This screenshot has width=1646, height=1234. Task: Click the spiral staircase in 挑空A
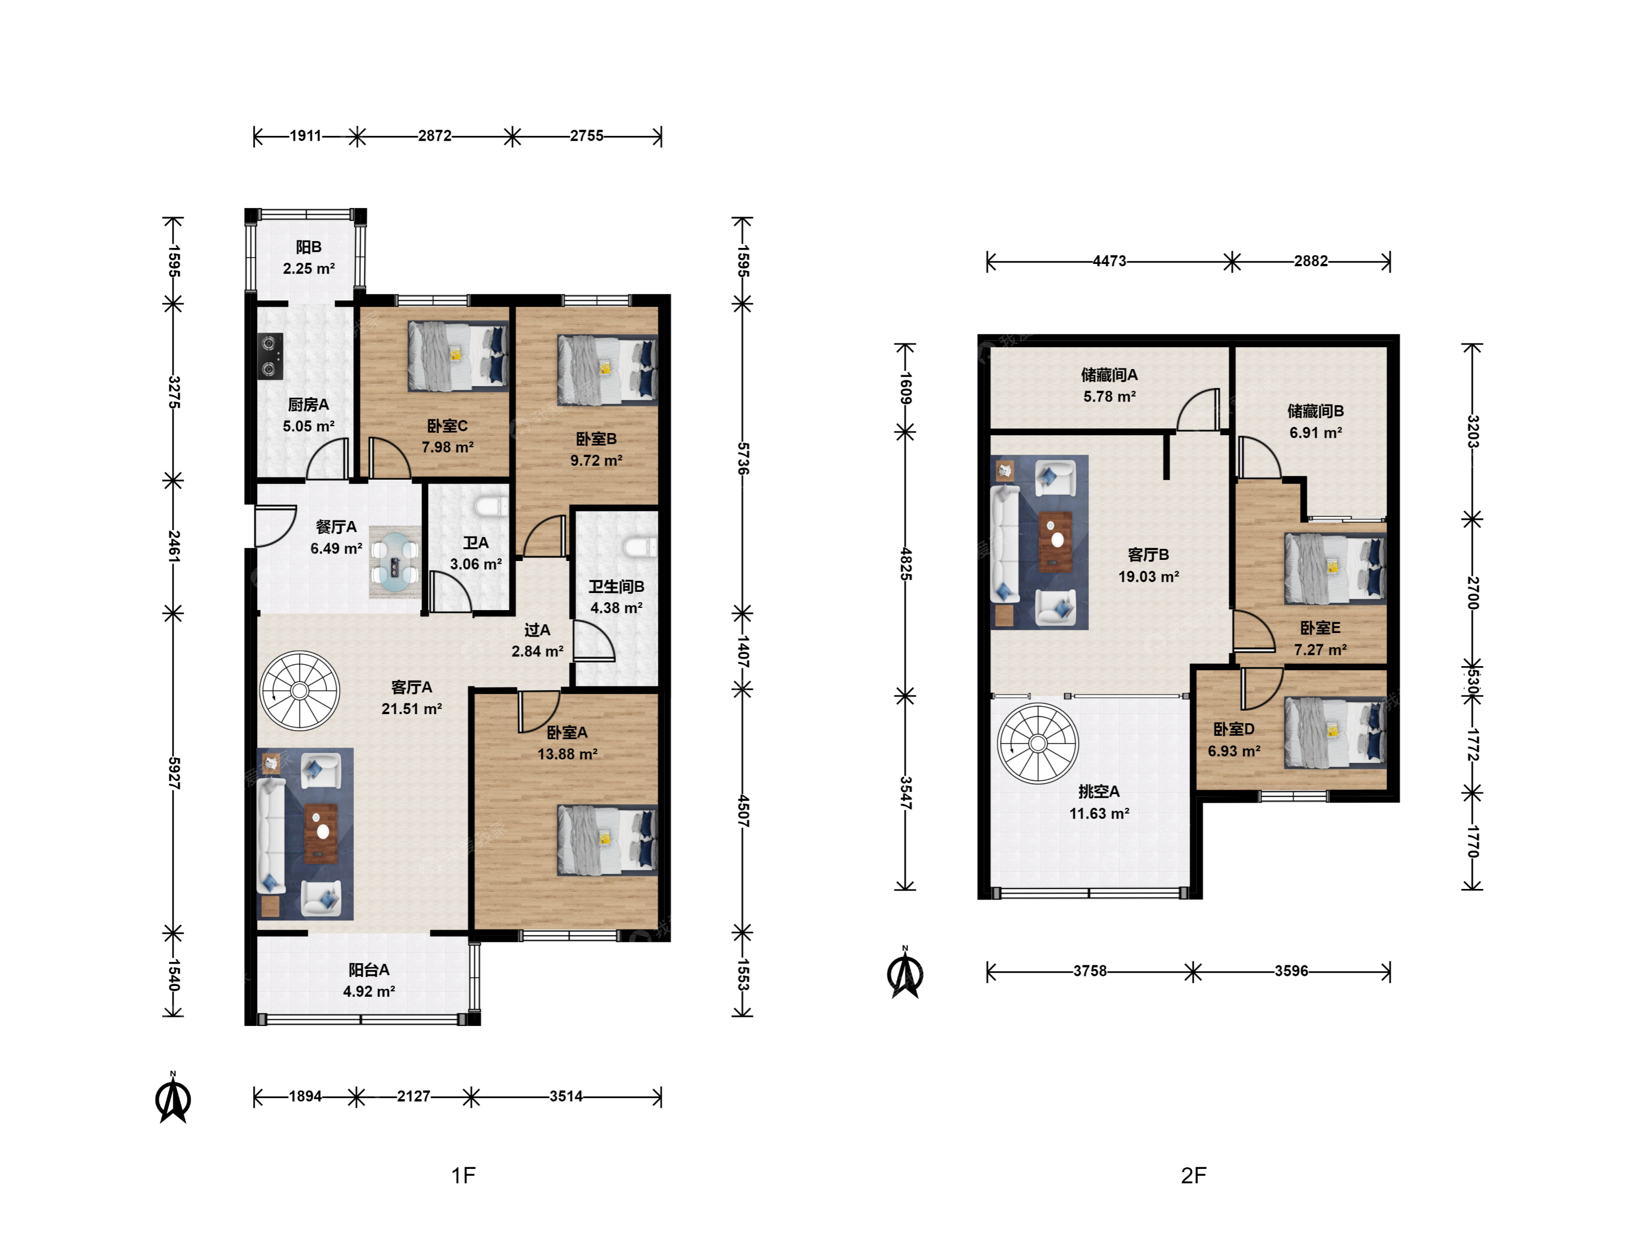[x=1037, y=743]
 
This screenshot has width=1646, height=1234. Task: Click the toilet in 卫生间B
[x=640, y=547]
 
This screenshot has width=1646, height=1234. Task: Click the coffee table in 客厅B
[x=1055, y=542]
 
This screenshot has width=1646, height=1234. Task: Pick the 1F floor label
[x=463, y=1175]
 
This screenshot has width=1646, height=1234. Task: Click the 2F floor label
[x=1193, y=1175]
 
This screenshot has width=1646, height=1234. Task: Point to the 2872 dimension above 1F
[x=434, y=135]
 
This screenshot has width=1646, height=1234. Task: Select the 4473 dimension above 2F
[x=1109, y=261]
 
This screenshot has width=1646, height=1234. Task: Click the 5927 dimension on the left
[x=173, y=773]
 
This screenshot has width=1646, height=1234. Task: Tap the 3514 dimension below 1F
[x=566, y=1096]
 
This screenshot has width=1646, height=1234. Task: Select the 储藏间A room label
[x=1109, y=375]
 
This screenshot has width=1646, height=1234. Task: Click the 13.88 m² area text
[x=567, y=754]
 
